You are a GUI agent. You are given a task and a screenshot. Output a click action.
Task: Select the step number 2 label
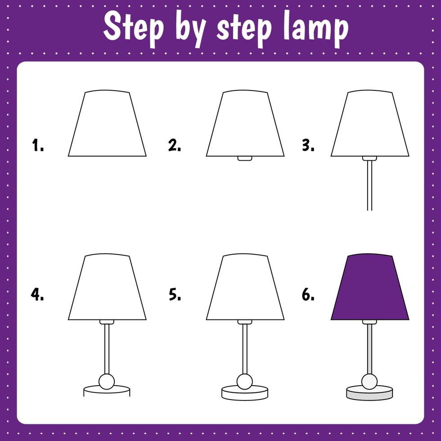click(x=175, y=145)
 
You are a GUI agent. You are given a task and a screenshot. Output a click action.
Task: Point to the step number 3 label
click(x=308, y=145)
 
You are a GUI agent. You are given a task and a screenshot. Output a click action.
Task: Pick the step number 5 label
click(x=175, y=294)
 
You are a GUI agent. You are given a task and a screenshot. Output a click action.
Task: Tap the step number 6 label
click(x=308, y=294)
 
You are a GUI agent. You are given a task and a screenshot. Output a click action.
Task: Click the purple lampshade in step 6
click(x=370, y=288)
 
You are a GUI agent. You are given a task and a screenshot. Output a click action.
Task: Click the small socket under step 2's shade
click(x=245, y=158)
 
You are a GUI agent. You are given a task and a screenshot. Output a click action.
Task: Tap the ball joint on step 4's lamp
click(x=107, y=381)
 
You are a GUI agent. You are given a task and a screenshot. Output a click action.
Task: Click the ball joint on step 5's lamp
click(x=245, y=381)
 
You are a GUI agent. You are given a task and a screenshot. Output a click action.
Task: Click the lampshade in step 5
click(x=245, y=288)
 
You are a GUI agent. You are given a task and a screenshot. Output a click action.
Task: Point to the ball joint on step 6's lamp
click(x=369, y=381)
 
